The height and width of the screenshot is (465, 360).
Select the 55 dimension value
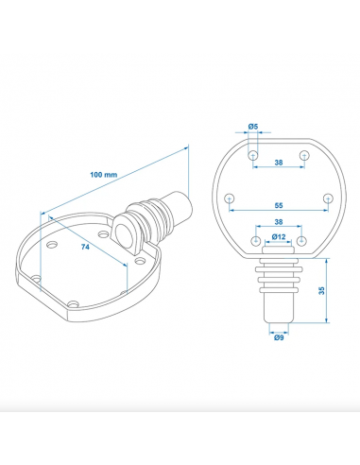click(278, 204)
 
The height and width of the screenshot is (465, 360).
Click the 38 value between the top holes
click(278, 162)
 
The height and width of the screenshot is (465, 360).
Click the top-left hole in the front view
click(253, 153)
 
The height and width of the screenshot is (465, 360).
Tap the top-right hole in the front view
click(302, 153)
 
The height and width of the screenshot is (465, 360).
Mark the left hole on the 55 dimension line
click(230, 198)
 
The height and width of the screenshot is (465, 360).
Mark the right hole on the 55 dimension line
click(326, 198)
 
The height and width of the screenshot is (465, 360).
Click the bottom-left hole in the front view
click(253, 240)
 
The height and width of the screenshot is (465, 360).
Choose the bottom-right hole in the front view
click(302, 240)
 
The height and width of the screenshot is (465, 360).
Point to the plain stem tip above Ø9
click(278, 312)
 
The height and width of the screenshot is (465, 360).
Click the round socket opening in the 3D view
click(125, 232)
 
